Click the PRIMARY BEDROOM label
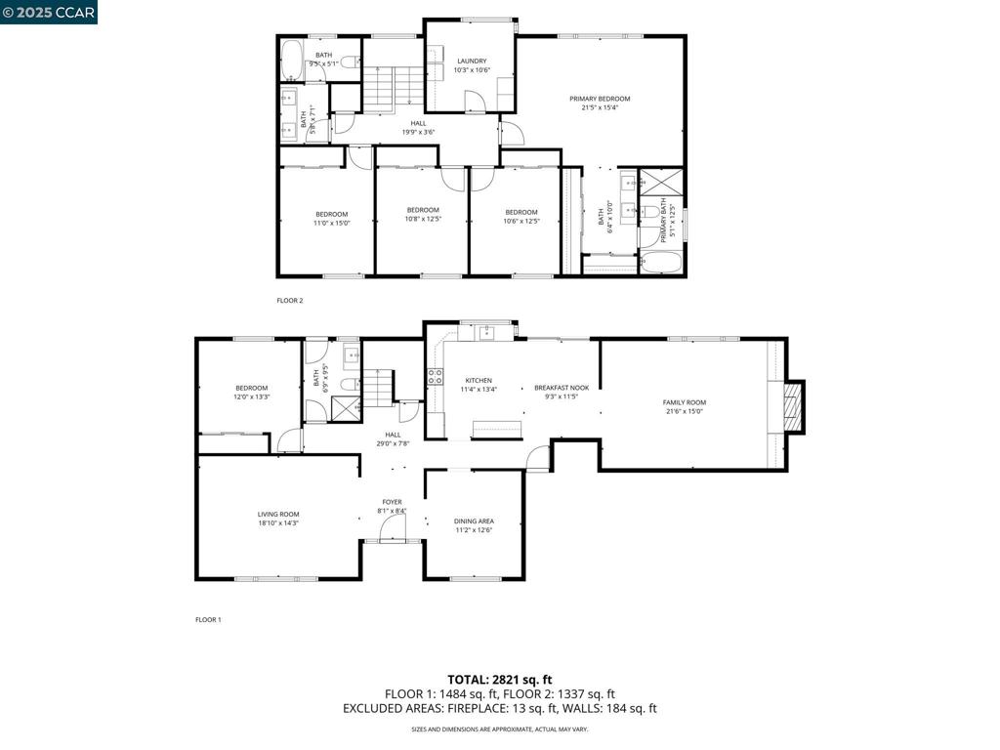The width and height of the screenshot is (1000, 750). pyautogui.click(x=600, y=99)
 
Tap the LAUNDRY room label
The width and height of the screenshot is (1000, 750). pyautogui.click(x=472, y=61)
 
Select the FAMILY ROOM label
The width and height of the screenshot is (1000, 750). pyautogui.click(x=684, y=402)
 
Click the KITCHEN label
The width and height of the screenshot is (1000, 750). pyautogui.click(x=479, y=380)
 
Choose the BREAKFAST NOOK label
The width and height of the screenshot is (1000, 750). pyautogui.click(x=562, y=388)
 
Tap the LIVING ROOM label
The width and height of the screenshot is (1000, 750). pyautogui.click(x=278, y=514)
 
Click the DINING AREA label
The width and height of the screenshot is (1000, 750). pyautogui.click(x=474, y=521)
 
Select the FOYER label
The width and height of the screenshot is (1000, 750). pyautogui.click(x=392, y=502)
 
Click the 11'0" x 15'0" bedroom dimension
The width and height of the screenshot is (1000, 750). pyautogui.click(x=331, y=224)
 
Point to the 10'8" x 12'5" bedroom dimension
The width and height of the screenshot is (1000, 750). pyautogui.click(x=423, y=219)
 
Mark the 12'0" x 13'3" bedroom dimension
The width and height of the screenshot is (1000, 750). pyautogui.click(x=251, y=396)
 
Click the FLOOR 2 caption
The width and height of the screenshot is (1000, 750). pyautogui.click(x=290, y=301)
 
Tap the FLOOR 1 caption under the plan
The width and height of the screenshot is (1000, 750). pyautogui.click(x=208, y=619)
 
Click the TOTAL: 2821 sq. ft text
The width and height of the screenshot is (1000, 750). pyautogui.click(x=500, y=679)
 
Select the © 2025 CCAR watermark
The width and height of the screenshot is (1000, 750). pyautogui.click(x=49, y=12)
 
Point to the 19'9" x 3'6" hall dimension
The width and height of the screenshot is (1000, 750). pyautogui.click(x=418, y=132)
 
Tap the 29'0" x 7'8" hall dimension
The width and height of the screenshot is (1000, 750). pyautogui.click(x=393, y=443)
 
